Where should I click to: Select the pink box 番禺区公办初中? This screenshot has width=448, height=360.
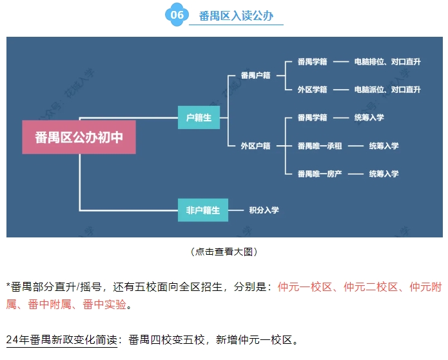pyautogui.click(x=79, y=137)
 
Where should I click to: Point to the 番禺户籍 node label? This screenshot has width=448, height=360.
pyautogui.click(x=255, y=75)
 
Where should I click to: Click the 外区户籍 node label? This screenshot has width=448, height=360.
pyautogui.click(x=255, y=146)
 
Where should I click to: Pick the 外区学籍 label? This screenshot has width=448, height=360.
pyautogui.click(x=313, y=90)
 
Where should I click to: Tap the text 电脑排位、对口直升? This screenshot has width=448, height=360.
pyautogui.click(x=387, y=62)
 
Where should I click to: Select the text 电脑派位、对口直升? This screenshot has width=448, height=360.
pyautogui.click(x=387, y=90)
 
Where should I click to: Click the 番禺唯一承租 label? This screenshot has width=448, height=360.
pyautogui.click(x=320, y=146)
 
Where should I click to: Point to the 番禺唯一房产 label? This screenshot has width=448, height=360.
pyautogui.click(x=320, y=174)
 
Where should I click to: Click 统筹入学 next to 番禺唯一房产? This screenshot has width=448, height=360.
pyautogui.click(x=384, y=174)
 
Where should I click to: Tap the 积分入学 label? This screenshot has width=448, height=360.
pyautogui.click(x=264, y=210)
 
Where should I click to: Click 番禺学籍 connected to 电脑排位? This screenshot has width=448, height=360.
pyautogui.click(x=313, y=62)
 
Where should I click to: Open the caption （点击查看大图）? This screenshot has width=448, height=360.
pyautogui.click(x=224, y=252)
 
